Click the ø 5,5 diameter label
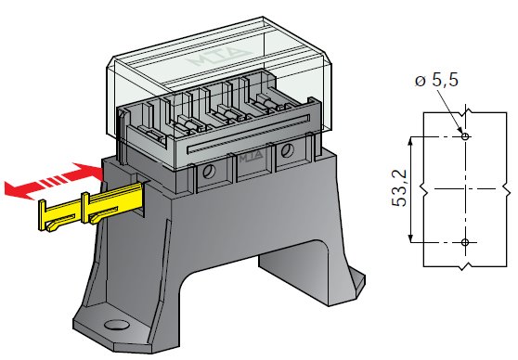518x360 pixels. (436, 80)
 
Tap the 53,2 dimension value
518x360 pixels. (399, 188)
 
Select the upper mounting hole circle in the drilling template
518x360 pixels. (465, 136)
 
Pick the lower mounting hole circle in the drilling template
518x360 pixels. (465, 242)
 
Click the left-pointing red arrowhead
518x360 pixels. (17, 190)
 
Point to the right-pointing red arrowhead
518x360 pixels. (90, 171)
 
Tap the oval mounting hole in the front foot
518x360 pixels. (117, 325)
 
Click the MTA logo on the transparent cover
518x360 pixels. (219, 57)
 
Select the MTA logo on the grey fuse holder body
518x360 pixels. (252, 157)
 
